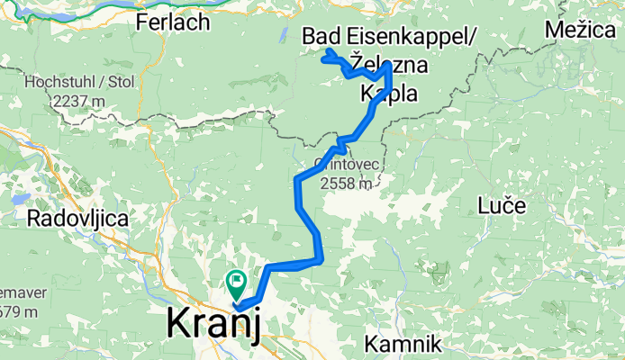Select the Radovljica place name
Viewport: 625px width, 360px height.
point(78,218)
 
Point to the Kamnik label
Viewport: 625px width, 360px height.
point(403,343)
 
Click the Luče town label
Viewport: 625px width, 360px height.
point(502,206)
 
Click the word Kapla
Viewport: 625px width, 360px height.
point(389,93)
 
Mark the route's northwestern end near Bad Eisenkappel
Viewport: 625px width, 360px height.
point(322,59)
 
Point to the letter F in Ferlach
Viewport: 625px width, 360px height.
point(141,23)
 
